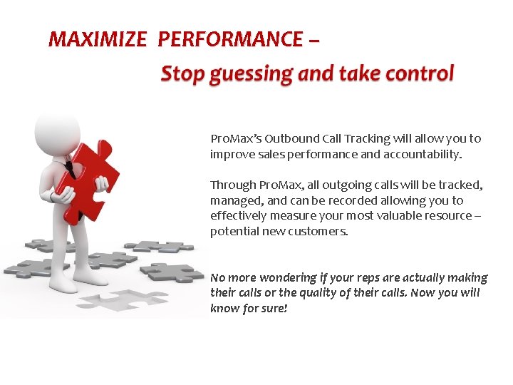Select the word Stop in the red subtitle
point(182,73)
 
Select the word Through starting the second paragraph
point(233,185)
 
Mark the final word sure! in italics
point(274,309)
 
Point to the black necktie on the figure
point(69,169)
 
